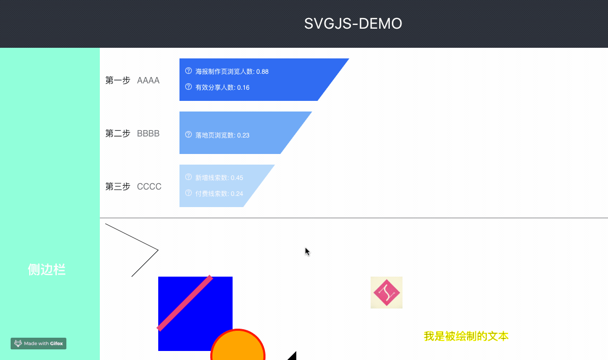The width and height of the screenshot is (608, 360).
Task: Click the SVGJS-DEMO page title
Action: pos(353,24)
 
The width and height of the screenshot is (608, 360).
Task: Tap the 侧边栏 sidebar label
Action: pos(47,270)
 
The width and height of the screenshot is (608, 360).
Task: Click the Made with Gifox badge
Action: pos(38,344)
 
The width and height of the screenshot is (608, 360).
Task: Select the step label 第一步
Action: pos(118,81)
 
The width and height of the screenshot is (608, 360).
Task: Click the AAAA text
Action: pos(148,81)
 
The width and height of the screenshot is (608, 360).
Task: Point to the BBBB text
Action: pos(148,134)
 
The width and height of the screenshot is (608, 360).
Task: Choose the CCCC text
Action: pos(149,187)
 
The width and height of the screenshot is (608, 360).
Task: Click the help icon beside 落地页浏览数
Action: pos(189,135)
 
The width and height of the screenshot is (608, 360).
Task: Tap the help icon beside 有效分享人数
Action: pos(189,87)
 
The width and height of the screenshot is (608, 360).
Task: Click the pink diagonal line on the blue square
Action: pos(185,303)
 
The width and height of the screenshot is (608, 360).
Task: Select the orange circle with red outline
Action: pos(238,348)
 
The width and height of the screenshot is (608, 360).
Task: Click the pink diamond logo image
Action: pos(387,293)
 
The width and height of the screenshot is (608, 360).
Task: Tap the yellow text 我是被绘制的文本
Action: pos(466,336)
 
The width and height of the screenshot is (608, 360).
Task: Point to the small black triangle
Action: pos(293,356)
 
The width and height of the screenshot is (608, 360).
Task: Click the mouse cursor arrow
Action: pos(307,251)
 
